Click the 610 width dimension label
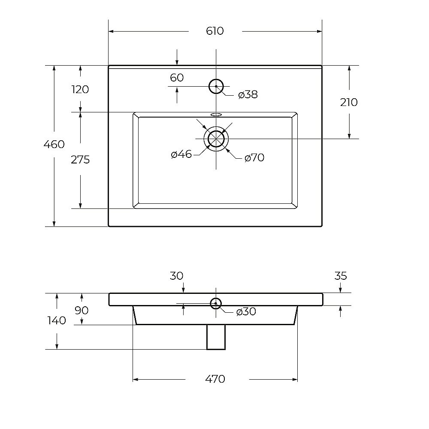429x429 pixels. pos(215,31)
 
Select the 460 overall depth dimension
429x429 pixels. pos(54,144)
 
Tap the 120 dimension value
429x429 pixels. pos(80,90)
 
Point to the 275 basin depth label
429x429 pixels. pos(80,160)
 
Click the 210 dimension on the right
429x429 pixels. pos(349,103)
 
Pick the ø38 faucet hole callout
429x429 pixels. pos(248,95)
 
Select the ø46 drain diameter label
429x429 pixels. pos(181,154)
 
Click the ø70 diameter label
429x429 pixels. pos(254,157)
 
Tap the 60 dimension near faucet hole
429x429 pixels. pos(177,78)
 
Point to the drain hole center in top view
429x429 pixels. pos(216,139)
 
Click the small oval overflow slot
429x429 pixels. pos(216,115)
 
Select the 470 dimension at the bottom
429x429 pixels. pos(215,379)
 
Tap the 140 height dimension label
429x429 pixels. pos(57,320)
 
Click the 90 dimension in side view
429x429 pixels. pos(82,310)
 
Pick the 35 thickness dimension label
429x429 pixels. pos(341,276)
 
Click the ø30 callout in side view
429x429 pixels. pos(246,311)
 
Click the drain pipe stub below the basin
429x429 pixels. pos(216,337)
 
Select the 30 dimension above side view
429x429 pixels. pos(176,276)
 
